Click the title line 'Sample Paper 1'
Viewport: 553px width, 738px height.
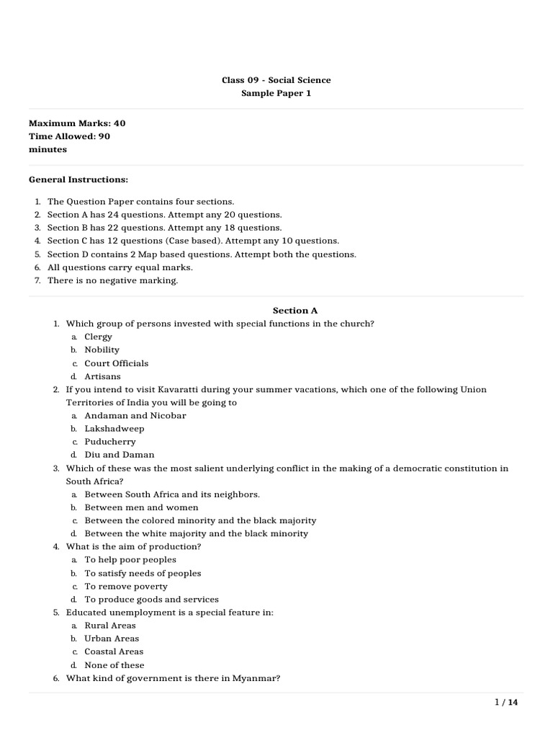(x=276, y=94)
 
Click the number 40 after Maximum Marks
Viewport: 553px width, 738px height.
(x=119, y=123)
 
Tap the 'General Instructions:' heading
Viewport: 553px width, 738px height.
(x=78, y=179)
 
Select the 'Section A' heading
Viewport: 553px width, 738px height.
(x=295, y=311)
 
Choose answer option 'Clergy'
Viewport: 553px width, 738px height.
(x=99, y=337)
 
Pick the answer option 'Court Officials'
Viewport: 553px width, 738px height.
(x=117, y=363)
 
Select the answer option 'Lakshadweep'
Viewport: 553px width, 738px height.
(x=114, y=429)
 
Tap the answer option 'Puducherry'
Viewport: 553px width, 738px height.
(x=110, y=442)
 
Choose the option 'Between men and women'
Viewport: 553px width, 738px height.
(x=142, y=507)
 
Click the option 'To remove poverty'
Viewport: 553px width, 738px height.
(x=126, y=586)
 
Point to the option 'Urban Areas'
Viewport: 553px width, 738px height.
(x=112, y=639)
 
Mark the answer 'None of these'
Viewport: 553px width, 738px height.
(x=114, y=665)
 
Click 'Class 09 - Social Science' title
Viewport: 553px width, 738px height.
(x=276, y=80)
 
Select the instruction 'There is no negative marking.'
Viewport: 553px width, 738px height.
(x=112, y=280)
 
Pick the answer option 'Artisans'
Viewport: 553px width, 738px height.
(x=103, y=376)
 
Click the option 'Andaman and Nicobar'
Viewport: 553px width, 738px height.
(x=135, y=416)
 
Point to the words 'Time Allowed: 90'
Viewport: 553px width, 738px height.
(x=69, y=136)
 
